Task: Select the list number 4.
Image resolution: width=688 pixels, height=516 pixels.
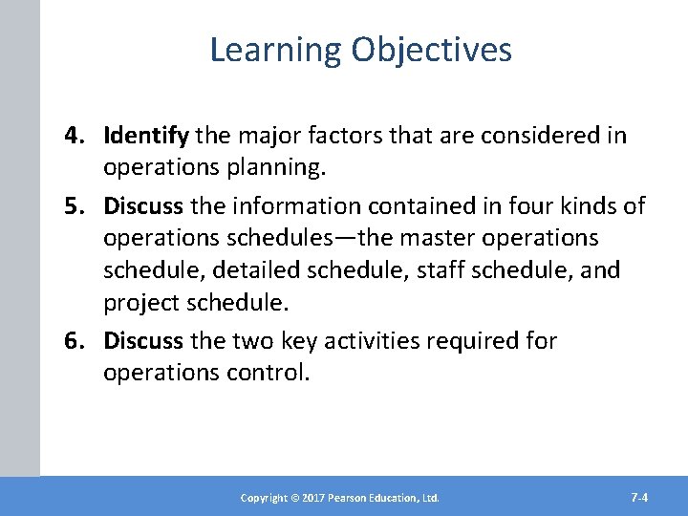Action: point(75,136)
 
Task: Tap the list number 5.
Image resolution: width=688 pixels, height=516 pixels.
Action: point(75,206)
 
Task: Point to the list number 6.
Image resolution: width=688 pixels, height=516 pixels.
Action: point(75,341)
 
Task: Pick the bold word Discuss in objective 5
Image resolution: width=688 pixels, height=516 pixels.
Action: point(144,206)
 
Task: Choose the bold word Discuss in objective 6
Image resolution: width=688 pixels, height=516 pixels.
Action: point(144,341)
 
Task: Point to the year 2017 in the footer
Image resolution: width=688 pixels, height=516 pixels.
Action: point(314,498)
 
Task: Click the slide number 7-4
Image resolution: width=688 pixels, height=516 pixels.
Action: point(640,497)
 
